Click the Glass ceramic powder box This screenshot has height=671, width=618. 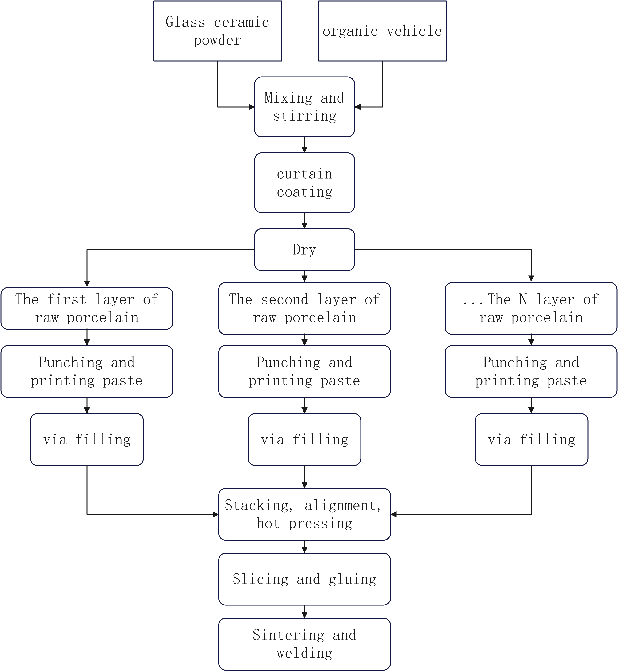(x=217, y=31)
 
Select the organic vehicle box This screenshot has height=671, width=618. (x=382, y=31)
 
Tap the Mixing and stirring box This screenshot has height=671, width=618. (x=304, y=107)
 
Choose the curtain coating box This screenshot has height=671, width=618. (x=304, y=183)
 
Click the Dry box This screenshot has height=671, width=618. (x=304, y=250)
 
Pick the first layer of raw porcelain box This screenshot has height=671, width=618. (x=87, y=308)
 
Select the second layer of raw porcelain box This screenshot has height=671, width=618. (x=304, y=308)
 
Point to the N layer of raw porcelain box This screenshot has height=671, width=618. (x=531, y=308)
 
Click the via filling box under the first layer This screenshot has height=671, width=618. (x=87, y=439)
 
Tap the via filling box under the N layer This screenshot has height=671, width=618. (x=531, y=439)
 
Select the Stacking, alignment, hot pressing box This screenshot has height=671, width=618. (x=304, y=514)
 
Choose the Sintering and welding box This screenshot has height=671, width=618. (x=304, y=644)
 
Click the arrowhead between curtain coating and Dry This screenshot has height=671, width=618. (x=304, y=225)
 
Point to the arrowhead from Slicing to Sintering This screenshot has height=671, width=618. (x=304, y=615)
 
